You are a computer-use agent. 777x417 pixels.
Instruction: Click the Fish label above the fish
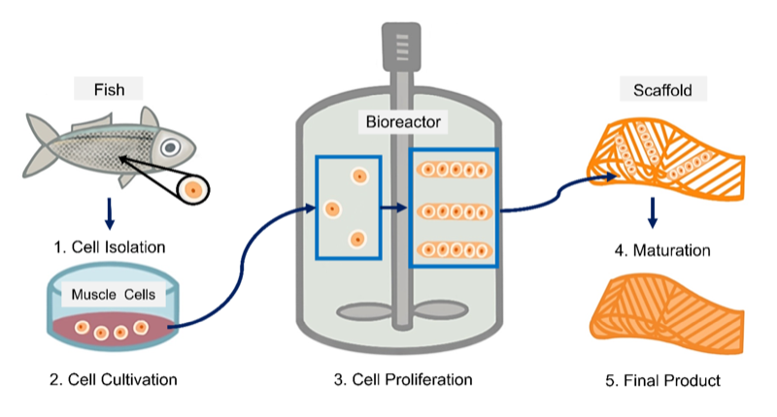tap(109, 90)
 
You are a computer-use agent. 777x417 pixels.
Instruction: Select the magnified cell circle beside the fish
tap(192, 188)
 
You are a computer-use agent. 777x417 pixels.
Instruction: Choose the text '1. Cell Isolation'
tap(109, 247)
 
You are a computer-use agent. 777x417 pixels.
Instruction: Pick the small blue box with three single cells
tap(348, 208)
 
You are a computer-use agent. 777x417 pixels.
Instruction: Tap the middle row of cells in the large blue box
tap(454, 210)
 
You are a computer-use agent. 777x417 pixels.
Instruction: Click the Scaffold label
tap(663, 90)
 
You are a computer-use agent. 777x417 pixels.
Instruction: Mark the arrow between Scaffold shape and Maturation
tap(653, 210)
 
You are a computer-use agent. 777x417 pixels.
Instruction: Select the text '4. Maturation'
tap(661, 250)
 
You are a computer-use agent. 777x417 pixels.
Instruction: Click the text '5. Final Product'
tap(662, 380)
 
